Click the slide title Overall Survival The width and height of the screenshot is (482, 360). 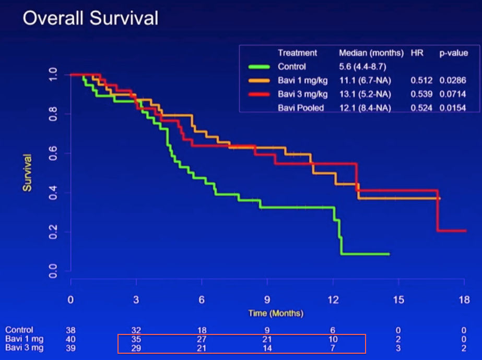pos(90,18)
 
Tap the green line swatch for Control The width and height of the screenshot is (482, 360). pos(260,67)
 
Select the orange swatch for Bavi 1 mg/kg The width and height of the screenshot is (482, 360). pos(260,80)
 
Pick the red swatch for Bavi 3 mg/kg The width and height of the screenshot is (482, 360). pos(260,94)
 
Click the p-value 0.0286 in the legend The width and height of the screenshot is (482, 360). pos(452,80)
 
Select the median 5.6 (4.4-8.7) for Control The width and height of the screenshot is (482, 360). pos(363,67)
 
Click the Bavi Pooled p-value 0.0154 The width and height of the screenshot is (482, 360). pos(452,108)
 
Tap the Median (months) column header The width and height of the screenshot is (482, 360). pos(371,53)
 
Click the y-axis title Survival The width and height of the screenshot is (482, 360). pos(27,172)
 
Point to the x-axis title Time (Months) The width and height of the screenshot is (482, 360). pos(275,313)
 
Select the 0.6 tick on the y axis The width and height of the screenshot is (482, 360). pos(53,153)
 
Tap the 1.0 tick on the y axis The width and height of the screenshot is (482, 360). pos(53,75)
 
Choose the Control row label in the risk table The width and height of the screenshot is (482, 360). pos(19,330)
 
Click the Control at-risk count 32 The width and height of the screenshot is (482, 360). pos(136,330)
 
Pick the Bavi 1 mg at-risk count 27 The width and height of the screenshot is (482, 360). pos(202,339)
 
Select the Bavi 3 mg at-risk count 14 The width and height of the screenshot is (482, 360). pos(267,348)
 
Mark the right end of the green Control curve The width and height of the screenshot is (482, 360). pos(389,254)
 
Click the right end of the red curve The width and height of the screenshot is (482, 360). pos(465,231)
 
